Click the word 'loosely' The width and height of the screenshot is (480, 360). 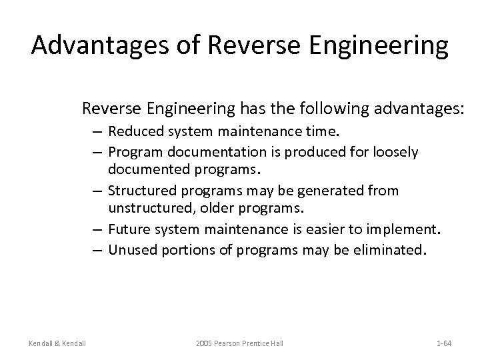[x=396, y=153]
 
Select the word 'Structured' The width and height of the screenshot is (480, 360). [x=137, y=191]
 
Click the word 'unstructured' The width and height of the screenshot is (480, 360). [x=144, y=209]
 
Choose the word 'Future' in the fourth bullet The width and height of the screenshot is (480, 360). [x=127, y=230]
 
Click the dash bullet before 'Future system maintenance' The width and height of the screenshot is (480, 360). [x=97, y=230]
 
